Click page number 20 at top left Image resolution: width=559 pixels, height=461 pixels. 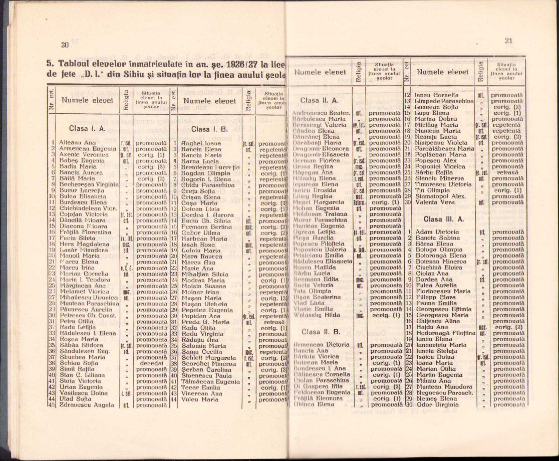[65, 45]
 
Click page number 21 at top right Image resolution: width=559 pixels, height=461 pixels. [508, 41]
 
